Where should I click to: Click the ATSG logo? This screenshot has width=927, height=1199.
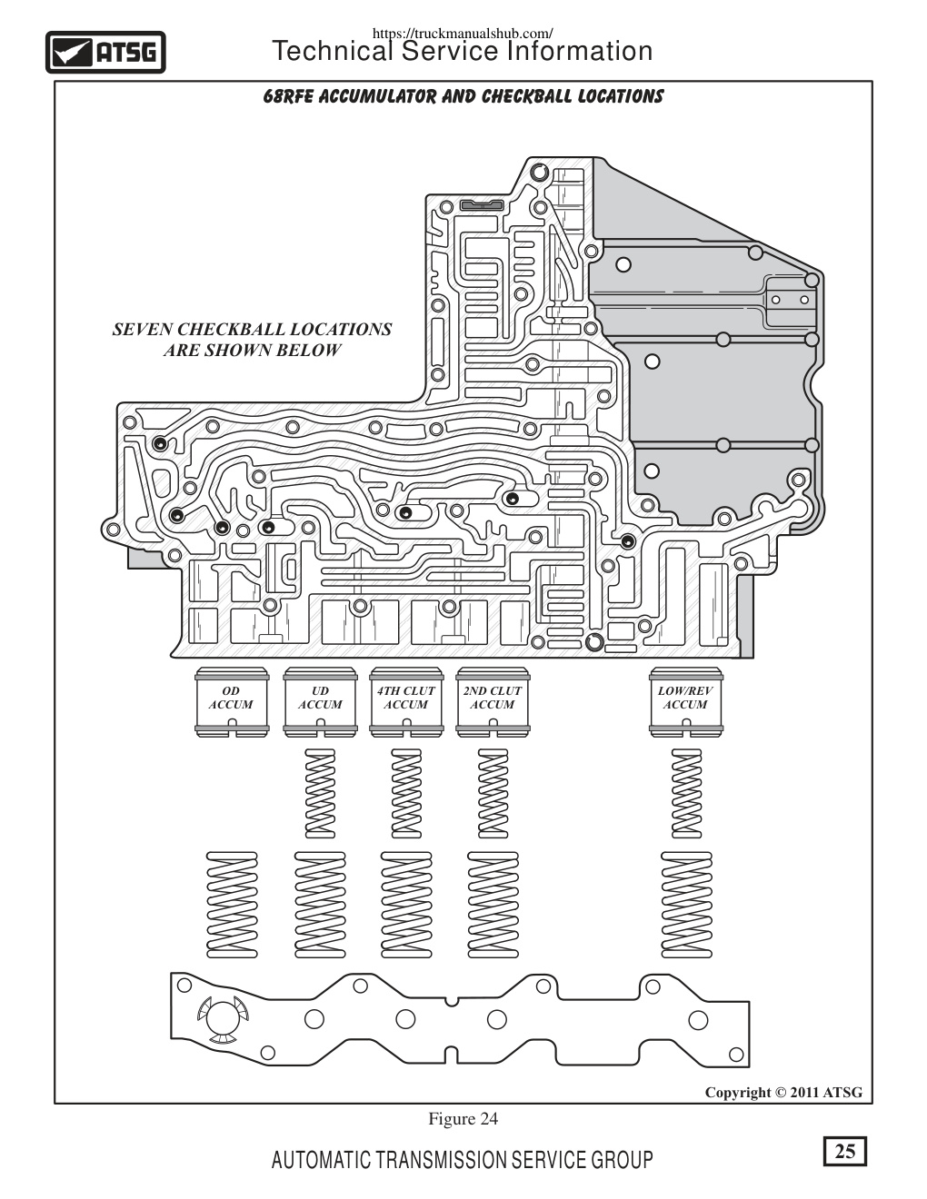[x=105, y=53]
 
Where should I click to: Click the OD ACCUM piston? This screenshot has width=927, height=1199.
[x=232, y=701]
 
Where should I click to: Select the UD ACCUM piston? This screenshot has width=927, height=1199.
[x=320, y=701]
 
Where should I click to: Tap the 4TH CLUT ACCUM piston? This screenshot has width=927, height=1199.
[x=406, y=701]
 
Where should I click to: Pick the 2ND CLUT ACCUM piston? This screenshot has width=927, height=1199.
[x=493, y=701]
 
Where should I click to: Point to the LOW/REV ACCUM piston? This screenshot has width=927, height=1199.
[x=686, y=701]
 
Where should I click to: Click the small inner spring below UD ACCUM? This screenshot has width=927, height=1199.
[x=320, y=793]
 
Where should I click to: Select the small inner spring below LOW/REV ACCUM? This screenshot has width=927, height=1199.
[x=686, y=793]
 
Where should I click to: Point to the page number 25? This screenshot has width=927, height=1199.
[x=844, y=1152]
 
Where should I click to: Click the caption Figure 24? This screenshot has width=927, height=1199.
[x=463, y=1118]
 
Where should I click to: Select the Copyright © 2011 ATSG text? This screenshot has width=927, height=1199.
[x=783, y=1092]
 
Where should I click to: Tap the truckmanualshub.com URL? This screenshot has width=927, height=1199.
[x=463, y=33]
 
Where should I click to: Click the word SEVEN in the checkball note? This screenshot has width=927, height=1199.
[x=142, y=330]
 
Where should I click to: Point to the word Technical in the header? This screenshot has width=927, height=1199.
[x=332, y=51]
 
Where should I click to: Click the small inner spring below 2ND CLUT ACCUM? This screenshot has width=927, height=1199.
[x=493, y=793]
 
